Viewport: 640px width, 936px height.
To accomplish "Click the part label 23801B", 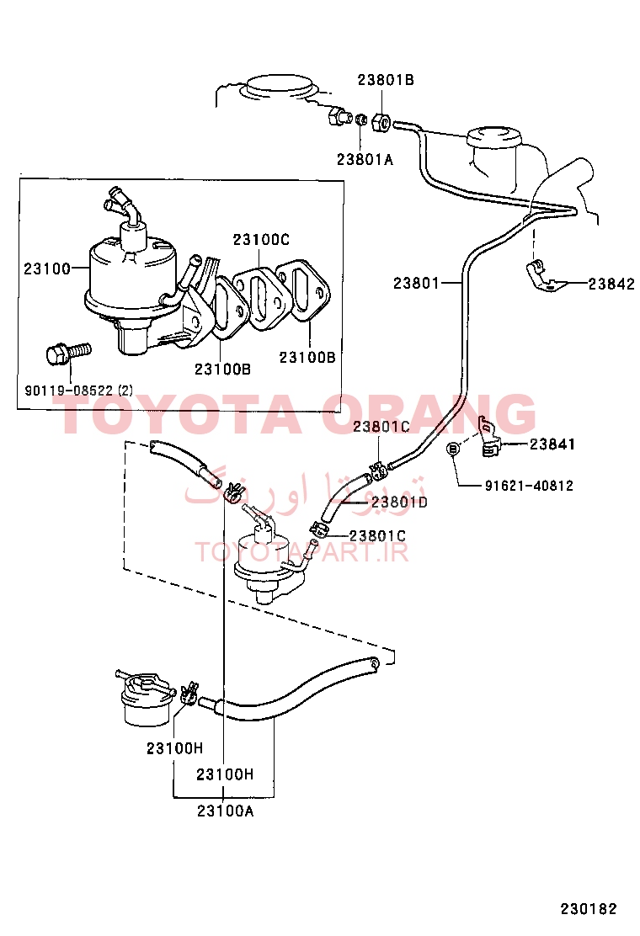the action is pyautogui.click(x=386, y=80).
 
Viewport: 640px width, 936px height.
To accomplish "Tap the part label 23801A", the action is pyautogui.click(x=365, y=159).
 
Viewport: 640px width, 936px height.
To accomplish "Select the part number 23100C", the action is pyautogui.click(x=261, y=239).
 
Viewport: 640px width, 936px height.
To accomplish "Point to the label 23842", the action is pyautogui.click(x=611, y=285).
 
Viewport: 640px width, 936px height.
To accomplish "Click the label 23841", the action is pyautogui.click(x=552, y=444).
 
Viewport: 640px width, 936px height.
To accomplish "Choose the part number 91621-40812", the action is pyautogui.click(x=529, y=486).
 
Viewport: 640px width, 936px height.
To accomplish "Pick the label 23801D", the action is pyautogui.click(x=399, y=503).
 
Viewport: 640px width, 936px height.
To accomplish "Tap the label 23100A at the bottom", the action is pyautogui.click(x=225, y=811).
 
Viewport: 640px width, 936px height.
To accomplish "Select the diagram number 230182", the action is pyautogui.click(x=588, y=909).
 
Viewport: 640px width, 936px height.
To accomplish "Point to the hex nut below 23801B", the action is pyautogui.click(x=381, y=123).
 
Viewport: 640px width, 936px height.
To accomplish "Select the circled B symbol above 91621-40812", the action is pyautogui.click(x=453, y=449).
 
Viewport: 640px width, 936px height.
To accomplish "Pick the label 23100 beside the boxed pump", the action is pyautogui.click(x=46, y=269).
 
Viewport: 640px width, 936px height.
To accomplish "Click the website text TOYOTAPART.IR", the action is pyautogui.click(x=301, y=551).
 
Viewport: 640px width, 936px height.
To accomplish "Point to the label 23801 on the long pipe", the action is pyautogui.click(x=416, y=283).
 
